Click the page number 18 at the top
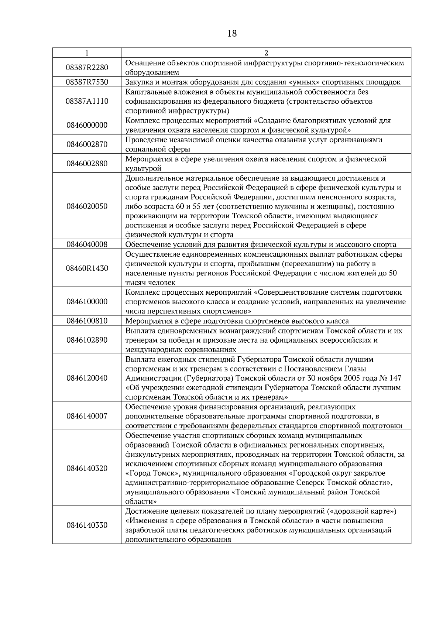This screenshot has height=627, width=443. coord(232,34)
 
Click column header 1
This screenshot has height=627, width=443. coord(87,53)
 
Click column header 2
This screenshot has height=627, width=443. coord(266,53)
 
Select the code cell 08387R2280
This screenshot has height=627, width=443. coord(87,67)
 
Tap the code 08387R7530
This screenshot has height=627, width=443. coord(87,82)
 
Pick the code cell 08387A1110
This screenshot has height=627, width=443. coord(87,101)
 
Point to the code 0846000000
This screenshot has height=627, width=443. coord(87,125)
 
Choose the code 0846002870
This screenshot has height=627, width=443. coord(87,144)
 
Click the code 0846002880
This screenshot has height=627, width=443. coord(87,164)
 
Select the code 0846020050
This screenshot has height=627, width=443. coord(87,206)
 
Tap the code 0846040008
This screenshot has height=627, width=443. coord(87,244)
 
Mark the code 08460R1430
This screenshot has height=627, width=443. coord(87,268)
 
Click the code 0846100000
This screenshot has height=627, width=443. coord(87,302)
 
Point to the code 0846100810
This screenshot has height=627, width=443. coord(87,321)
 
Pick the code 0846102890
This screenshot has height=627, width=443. coord(87,340)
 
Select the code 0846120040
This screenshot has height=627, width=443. coord(87,378)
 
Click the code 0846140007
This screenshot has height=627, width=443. coord(87,416)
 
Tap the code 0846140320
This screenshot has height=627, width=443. coord(87,469)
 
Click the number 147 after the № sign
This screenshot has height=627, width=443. coord(395,378)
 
